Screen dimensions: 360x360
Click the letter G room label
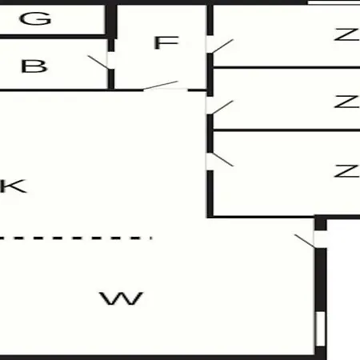pos(35,18)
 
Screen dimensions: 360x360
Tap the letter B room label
pos(34,66)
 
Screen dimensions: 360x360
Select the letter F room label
pos(166,42)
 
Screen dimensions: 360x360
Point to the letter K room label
pos(14,186)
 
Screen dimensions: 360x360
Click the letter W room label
pos(122,298)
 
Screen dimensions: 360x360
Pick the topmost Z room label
pos(346,34)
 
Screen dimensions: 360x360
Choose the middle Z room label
pos(346,102)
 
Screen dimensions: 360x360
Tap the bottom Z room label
pos(346,171)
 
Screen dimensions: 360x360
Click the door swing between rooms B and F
pos(98,62)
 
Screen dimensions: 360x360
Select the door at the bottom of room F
pos(161,86)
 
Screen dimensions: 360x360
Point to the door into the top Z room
pos(222,46)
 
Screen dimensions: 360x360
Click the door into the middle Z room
pos(222,107)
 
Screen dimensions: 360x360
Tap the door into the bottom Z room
pos(222,159)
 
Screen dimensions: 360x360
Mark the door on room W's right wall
pos(305,241)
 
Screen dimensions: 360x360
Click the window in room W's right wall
pos(321,329)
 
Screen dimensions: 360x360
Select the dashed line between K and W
pos(76,238)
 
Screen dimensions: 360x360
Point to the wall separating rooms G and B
pos(54,37)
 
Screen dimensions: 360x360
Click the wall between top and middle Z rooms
pos(286,67)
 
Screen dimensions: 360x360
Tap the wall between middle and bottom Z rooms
pos(286,130)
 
